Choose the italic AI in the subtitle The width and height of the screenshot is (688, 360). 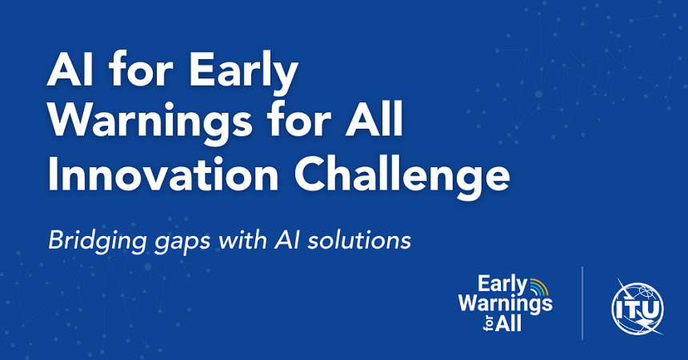pyautogui.click(x=279, y=238)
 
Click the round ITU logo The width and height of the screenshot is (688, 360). pyautogui.click(x=637, y=306)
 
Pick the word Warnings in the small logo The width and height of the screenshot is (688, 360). pyautogui.click(x=504, y=304)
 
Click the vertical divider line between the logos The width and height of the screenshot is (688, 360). pyautogui.click(x=582, y=304)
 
